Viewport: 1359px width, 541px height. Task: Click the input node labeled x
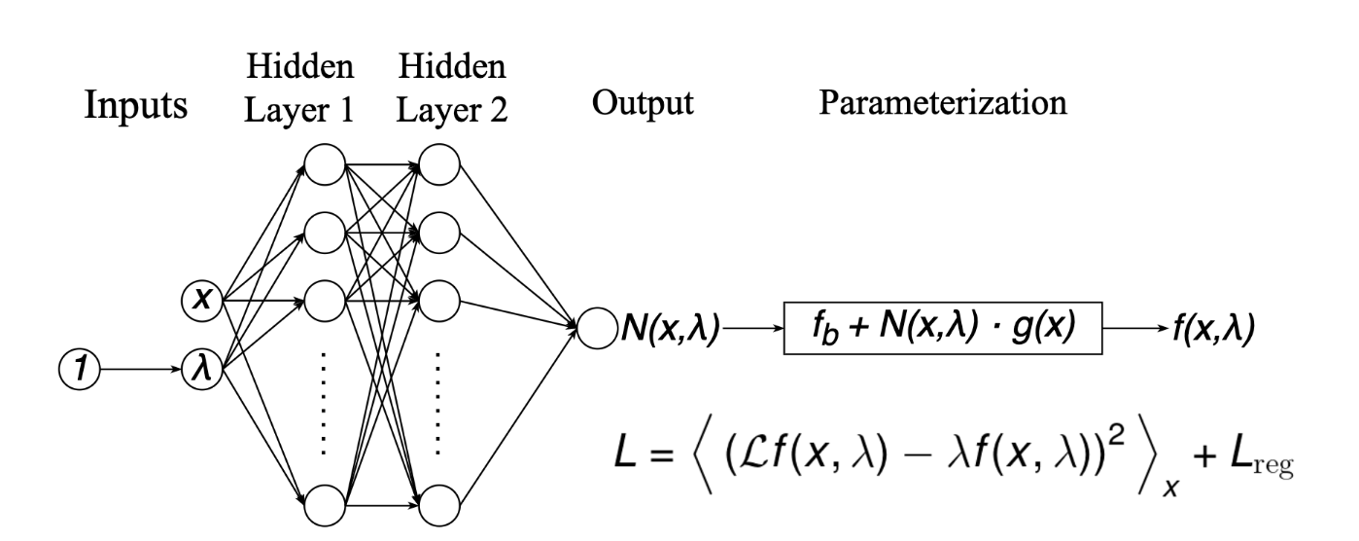pyautogui.click(x=202, y=300)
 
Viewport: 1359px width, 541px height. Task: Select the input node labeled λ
pyautogui.click(x=202, y=369)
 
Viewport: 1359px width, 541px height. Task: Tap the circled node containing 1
pyautogui.click(x=81, y=369)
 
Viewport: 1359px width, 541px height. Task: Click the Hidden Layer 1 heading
pyautogui.click(x=301, y=92)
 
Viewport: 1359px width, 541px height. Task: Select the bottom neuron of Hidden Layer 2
pyautogui.click(x=439, y=505)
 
